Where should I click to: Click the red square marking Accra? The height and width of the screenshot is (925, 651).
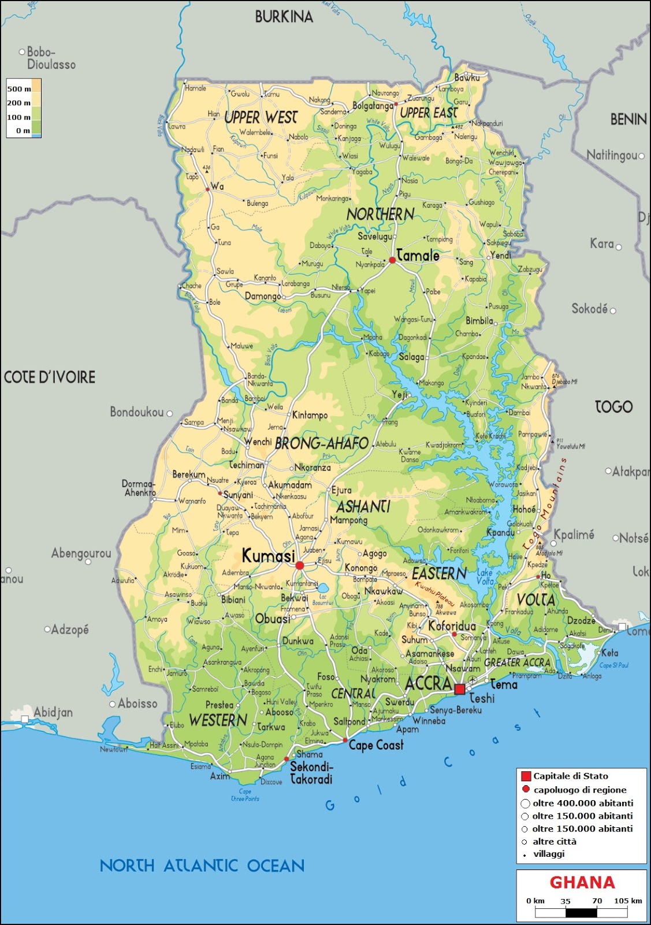460,689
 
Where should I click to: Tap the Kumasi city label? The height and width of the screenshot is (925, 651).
268,556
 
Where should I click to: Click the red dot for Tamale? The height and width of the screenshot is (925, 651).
392,260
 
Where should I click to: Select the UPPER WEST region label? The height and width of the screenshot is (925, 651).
261,117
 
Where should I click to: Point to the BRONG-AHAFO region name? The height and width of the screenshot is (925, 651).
322,443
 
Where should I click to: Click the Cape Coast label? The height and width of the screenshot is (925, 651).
375,745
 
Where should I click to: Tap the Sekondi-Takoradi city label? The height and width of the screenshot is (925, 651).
311,773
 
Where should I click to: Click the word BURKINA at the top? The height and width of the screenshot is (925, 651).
284,17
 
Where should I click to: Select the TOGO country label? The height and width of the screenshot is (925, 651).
613,407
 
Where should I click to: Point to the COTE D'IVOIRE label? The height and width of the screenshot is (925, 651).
50,378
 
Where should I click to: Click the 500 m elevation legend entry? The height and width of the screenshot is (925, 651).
19,89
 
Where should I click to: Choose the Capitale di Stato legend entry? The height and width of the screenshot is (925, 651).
570,776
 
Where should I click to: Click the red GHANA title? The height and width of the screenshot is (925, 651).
582,883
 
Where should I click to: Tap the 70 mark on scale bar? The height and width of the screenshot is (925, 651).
597,901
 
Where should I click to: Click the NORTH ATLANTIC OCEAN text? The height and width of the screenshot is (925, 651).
202,865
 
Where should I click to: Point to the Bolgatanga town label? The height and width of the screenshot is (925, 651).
373,106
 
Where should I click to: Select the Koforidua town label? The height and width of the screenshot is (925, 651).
452,626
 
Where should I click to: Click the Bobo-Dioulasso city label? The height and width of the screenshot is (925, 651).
51,58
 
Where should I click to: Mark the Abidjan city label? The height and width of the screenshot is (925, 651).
53,712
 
